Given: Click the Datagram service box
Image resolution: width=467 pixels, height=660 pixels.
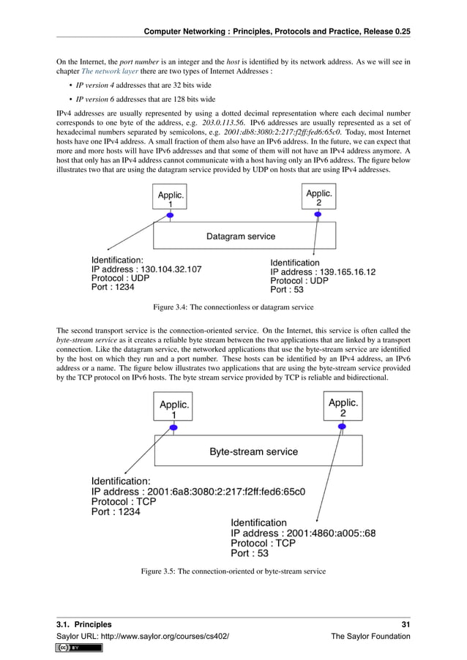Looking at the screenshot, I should [244, 236].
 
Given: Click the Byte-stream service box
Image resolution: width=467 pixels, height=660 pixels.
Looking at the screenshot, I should [258, 451].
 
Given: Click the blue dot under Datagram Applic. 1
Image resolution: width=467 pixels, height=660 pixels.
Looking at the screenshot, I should [170, 215].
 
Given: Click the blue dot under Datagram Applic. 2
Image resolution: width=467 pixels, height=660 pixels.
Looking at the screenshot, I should [318, 214].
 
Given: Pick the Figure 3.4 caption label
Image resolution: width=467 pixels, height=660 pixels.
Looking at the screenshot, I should [173, 307].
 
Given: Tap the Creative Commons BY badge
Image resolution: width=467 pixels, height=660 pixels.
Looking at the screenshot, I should [68, 648].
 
